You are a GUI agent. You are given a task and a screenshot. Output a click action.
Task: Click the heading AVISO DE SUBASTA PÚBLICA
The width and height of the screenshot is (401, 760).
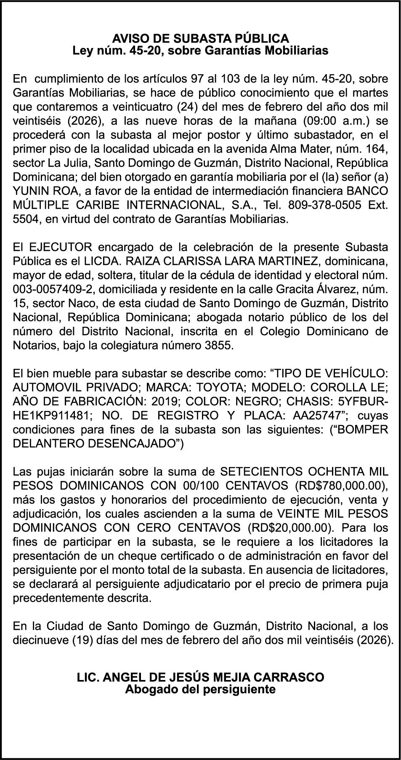click(200, 39)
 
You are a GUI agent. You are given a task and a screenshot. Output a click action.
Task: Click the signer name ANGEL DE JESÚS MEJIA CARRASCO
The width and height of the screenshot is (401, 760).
click(213, 677)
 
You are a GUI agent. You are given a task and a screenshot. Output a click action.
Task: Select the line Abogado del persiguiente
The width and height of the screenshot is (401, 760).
click(200, 689)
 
